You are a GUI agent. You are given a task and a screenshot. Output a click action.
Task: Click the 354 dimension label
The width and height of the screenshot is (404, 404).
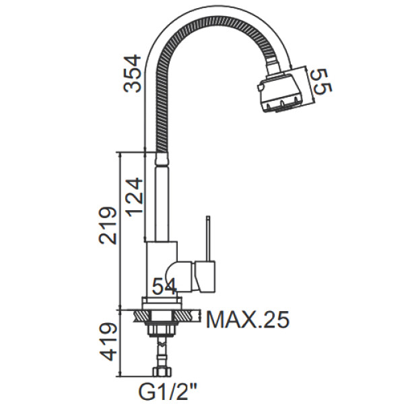click(133, 73)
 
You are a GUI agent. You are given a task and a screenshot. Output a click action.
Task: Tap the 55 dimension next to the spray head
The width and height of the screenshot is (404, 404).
click(322, 81)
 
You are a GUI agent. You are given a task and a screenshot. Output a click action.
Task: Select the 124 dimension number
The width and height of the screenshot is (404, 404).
click(133, 197)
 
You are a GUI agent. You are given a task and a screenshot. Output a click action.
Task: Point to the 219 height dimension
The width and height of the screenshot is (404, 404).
click(108, 225)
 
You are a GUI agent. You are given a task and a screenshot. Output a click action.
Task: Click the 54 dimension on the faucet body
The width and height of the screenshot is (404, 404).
click(164, 286)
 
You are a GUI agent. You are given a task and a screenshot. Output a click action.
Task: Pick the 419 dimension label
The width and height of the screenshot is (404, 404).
click(108, 341)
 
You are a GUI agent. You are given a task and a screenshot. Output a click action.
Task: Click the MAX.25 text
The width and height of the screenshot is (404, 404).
click(248, 320)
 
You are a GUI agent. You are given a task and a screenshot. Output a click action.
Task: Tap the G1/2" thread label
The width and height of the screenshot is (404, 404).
click(168, 392)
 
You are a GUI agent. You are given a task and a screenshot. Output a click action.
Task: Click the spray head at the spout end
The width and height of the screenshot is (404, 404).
click(280, 92)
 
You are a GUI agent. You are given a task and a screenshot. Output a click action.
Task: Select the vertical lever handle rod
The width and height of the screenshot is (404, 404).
click(208, 238)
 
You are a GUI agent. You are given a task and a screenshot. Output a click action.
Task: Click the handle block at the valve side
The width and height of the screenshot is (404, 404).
click(205, 276)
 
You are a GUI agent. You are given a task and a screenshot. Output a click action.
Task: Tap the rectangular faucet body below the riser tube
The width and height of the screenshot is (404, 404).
click(161, 269)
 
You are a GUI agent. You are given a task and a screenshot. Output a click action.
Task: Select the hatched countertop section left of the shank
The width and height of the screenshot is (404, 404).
click(141, 316)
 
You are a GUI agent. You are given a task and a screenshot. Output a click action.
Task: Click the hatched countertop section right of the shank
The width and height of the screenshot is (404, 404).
click(187, 316)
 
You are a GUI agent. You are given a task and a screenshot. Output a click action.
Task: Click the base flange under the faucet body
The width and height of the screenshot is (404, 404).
click(162, 303)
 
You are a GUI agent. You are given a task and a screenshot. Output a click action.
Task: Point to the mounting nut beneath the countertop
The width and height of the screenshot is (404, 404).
click(162, 331)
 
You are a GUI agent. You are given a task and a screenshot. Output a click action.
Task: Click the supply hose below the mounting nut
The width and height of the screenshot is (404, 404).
click(162, 352)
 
